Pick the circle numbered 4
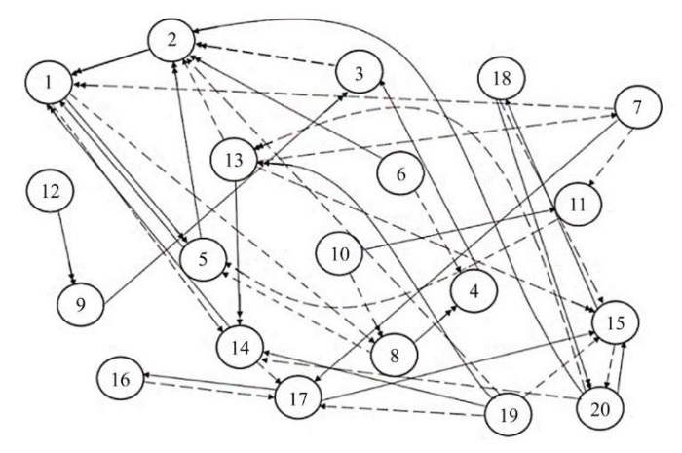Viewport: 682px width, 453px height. (472, 289)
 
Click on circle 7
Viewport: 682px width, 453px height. (637, 108)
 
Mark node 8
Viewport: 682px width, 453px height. (395, 356)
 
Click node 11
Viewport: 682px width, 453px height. (578, 205)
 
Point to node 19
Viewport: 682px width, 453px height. (509, 414)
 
